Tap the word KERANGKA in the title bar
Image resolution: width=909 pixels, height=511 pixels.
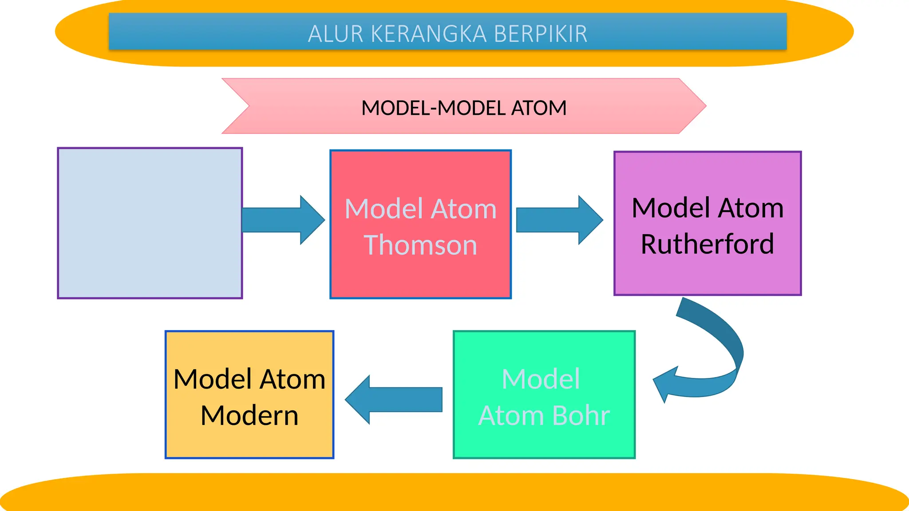pyautogui.click(x=428, y=34)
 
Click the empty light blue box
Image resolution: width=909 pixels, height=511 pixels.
pyautogui.click(x=150, y=223)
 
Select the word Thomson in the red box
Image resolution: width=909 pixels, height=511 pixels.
pyautogui.click(x=420, y=245)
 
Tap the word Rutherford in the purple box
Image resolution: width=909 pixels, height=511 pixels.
pyautogui.click(x=707, y=244)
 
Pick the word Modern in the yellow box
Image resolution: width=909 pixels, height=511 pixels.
pyautogui.click(x=249, y=416)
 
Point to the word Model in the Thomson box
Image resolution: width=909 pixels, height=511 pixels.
pyautogui.click(x=384, y=209)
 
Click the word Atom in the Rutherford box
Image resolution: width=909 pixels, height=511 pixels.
pyautogui.click(x=751, y=208)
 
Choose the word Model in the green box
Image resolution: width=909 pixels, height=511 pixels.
pyautogui.click(x=541, y=379)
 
